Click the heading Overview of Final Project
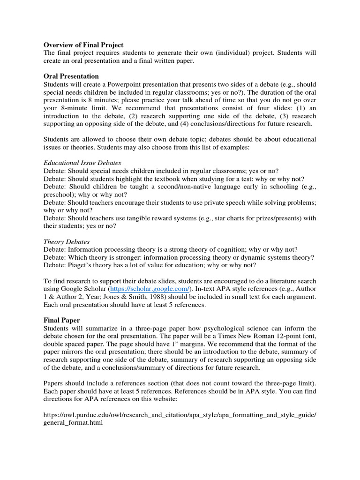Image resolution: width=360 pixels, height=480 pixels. click(x=83, y=45)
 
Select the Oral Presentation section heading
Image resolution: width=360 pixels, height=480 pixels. click(x=71, y=76)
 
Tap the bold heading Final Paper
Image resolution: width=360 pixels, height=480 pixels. click(x=62, y=320)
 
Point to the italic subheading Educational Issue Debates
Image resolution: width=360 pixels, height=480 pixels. click(x=82, y=162)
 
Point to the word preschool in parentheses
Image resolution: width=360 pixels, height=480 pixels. click(x=60, y=194)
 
